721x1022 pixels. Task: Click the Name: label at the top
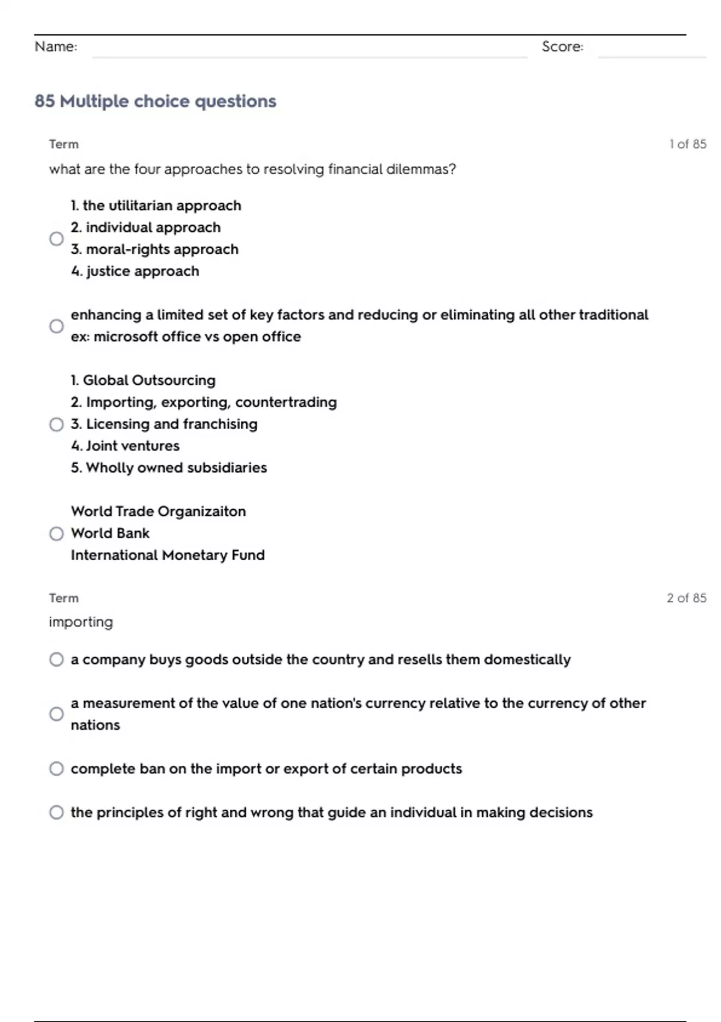pyautogui.click(x=56, y=46)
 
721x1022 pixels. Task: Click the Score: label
pyautogui.click(x=562, y=46)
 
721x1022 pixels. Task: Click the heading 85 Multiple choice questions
pyautogui.click(x=156, y=101)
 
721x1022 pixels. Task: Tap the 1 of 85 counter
pyautogui.click(x=688, y=144)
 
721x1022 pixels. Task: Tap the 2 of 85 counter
pyautogui.click(x=687, y=598)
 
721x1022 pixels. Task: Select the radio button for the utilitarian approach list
pyautogui.click(x=56, y=239)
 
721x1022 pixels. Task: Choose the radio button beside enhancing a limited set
pyautogui.click(x=56, y=326)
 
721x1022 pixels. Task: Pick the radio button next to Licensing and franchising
pyautogui.click(x=56, y=424)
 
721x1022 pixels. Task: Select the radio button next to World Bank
pyautogui.click(x=56, y=534)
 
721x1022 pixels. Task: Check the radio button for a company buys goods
pyautogui.click(x=56, y=659)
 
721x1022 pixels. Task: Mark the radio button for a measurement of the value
pyautogui.click(x=56, y=714)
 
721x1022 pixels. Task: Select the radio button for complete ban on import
pyautogui.click(x=56, y=769)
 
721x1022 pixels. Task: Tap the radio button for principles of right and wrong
pyautogui.click(x=56, y=813)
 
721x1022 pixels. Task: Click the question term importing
pyautogui.click(x=81, y=622)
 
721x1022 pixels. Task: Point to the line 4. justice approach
pyautogui.click(x=135, y=271)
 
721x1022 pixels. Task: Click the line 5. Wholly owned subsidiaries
pyautogui.click(x=169, y=468)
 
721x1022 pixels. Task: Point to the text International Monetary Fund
pyautogui.click(x=168, y=555)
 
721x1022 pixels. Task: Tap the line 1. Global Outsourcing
pyautogui.click(x=143, y=381)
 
